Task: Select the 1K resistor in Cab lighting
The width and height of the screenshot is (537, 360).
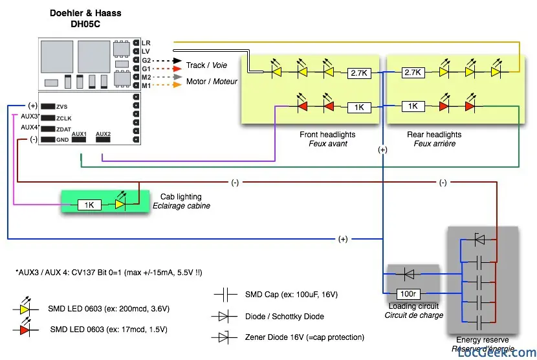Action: [89, 205]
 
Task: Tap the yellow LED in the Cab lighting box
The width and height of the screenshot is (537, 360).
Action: [120, 205]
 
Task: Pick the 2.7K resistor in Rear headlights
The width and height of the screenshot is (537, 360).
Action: [412, 73]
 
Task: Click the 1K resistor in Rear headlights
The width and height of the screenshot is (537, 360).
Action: [412, 106]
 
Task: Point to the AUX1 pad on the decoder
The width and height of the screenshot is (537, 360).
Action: [80, 140]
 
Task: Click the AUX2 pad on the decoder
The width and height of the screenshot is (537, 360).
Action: [104, 140]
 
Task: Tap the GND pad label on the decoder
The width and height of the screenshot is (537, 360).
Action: [62, 140]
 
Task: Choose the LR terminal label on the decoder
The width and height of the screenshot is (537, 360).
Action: [146, 43]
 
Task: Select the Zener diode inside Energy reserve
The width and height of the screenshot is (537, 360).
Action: [479, 240]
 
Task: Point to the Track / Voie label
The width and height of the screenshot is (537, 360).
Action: [206, 65]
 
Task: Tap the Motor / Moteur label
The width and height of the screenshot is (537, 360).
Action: [212, 82]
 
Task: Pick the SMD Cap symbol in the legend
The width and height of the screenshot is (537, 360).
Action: [227, 295]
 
